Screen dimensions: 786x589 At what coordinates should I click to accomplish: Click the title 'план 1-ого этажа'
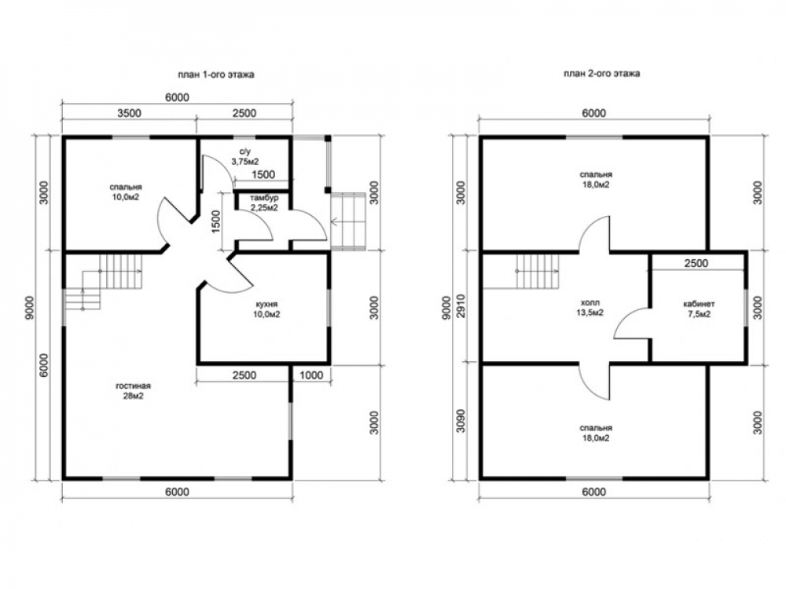[216, 75]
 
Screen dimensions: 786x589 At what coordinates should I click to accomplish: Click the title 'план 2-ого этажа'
[601, 74]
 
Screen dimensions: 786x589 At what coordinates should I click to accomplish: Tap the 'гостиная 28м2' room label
[134, 391]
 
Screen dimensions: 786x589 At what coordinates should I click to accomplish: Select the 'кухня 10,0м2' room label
[266, 309]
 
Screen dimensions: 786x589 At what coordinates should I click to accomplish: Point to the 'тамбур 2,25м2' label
[264, 203]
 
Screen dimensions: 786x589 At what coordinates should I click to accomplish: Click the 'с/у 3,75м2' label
[245, 156]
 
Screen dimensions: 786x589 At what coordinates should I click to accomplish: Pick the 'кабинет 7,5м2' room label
[700, 309]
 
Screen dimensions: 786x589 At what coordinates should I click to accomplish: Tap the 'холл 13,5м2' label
[590, 308]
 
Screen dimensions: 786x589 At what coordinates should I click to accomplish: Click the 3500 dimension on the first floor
[130, 113]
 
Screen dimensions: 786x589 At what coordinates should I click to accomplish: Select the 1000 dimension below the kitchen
[311, 375]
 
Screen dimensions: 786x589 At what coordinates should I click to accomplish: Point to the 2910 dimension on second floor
[461, 306]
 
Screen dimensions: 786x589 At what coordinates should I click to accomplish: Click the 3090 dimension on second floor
[461, 421]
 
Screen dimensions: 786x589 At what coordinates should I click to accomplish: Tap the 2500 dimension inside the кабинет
[696, 263]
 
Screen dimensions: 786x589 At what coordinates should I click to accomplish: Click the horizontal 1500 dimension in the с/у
[263, 174]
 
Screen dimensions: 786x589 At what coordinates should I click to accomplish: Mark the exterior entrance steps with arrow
[348, 221]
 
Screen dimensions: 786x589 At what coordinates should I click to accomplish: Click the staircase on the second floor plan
[538, 271]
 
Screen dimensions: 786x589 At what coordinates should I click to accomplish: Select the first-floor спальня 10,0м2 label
[125, 192]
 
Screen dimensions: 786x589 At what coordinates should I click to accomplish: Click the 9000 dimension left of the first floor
[30, 308]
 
